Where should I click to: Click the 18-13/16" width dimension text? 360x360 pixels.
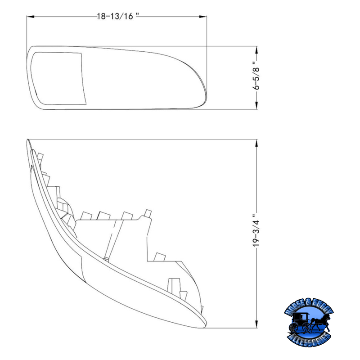(118, 16)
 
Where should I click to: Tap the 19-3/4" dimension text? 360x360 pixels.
(256, 230)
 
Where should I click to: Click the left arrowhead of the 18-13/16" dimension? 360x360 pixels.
(31, 17)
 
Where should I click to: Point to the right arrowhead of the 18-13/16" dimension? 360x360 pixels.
(203, 17)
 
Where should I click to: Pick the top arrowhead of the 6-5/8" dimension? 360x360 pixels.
(256, 50)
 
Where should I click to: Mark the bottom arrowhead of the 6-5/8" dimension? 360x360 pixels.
(256, 105)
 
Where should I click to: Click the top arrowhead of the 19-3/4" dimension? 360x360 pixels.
(256, 143)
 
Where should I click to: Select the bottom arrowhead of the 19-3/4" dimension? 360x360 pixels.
(256, 324)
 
